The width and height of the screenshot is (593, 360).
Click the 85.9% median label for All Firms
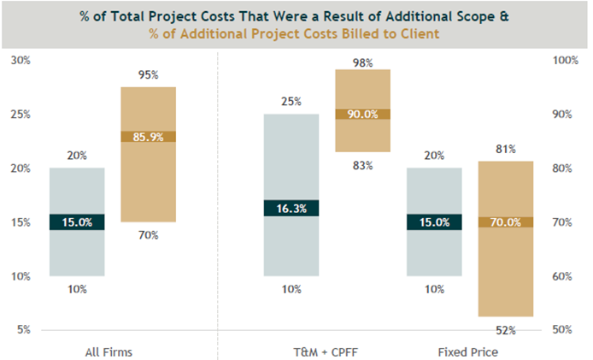pos(148,137)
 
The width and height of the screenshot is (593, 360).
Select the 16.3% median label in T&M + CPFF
pos(291,208)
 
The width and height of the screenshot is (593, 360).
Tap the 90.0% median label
pos(362,115)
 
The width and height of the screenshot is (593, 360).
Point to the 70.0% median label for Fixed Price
pos(505,222)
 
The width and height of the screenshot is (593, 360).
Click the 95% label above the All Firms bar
pos(148,74)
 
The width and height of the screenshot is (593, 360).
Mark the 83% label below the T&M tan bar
pos(362,165)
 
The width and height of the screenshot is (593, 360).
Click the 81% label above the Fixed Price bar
pos(505,150)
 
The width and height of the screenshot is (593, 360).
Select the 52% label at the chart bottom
pos(505,329)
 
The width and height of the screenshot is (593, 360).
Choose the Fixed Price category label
pos(468,351)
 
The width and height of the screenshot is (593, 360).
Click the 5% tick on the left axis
pos(23,329)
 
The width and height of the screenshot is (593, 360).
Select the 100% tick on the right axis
pos(567,60)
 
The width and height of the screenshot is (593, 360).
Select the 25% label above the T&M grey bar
pos(291,102)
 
